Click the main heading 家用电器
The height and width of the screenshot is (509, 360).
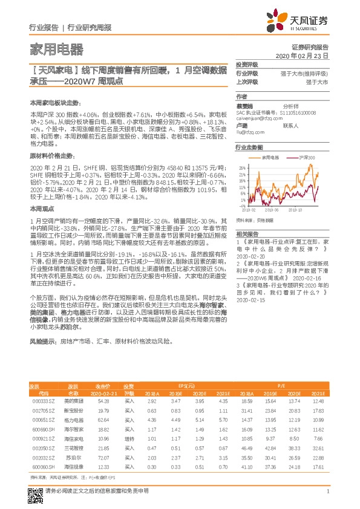56,50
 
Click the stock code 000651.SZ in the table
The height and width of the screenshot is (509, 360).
44,420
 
